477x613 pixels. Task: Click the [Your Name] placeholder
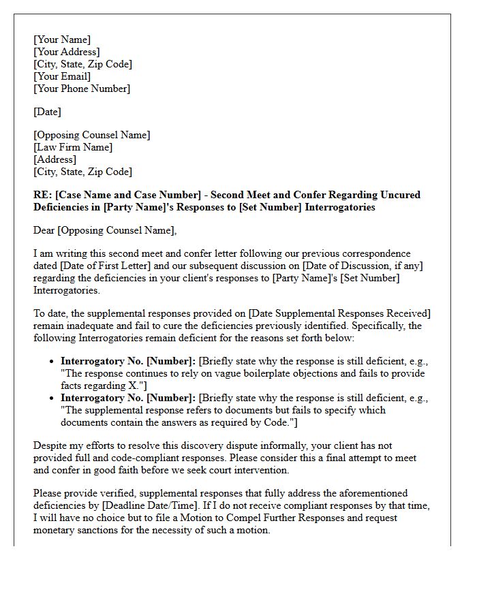coord(62,40)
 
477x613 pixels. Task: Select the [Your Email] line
coord(62,76)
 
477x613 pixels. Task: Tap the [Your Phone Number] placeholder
coord(82,89)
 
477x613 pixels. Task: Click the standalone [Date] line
coord(48,112)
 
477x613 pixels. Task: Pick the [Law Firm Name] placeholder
coord(73,147)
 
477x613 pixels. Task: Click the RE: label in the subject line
coord(43,195)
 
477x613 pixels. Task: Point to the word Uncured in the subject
coord(400,195)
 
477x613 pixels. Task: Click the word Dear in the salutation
coord(45,230)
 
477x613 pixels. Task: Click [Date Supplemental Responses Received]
coord(339,313)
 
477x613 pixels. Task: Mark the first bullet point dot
coord(52,362)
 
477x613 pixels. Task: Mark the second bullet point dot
coord(52,398)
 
